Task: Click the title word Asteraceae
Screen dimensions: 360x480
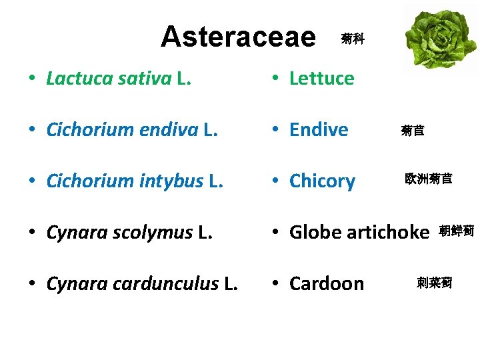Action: click(238, 37)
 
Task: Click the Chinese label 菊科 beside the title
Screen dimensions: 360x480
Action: click(352, 39)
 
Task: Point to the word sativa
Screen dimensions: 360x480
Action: click(145, 79)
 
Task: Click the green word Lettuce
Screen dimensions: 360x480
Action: click(321, 79)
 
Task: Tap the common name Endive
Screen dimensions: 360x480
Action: click(319, 130)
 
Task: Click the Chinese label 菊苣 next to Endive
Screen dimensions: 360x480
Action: click(413, 131)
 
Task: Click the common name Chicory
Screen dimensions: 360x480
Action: click(322, 181)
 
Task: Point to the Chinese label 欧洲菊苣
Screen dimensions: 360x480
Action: click(429, 179)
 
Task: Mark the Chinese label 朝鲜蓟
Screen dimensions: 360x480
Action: click(456, 231)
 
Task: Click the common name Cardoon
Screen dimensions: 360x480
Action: click(327, 284)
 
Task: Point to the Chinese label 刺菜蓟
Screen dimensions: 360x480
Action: click(434, 283)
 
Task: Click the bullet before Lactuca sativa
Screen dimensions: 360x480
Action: click(33, 79)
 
